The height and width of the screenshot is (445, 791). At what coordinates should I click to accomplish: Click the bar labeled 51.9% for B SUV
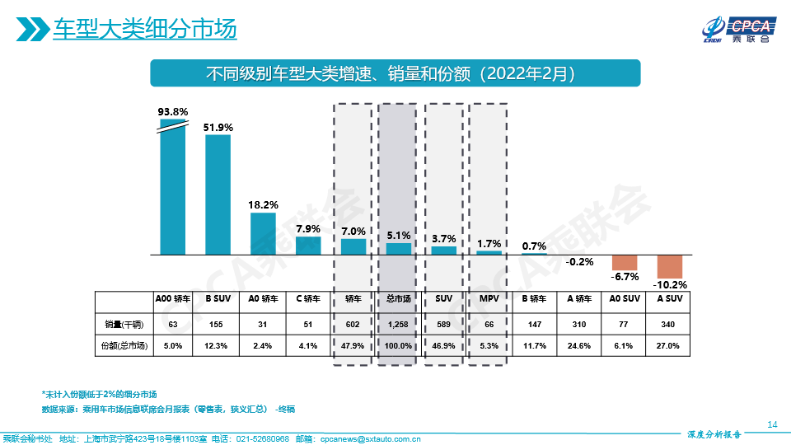(218, 194)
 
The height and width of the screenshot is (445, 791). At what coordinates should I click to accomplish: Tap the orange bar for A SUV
(670, 267)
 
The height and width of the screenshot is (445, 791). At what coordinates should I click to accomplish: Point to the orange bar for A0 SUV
(625, 263)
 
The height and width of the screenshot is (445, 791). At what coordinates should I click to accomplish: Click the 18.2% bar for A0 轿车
(263, 234)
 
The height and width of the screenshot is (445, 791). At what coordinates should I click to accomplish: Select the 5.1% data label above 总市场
(399, 235)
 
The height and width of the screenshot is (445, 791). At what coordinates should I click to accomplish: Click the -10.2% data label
(670, 286)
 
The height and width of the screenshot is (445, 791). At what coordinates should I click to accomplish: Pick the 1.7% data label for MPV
(489, 243)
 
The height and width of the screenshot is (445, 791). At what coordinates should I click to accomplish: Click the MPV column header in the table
(489, 299)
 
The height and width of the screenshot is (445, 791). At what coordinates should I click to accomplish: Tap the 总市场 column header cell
(399, 299)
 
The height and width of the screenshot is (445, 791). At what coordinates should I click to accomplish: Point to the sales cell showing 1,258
(399, 324)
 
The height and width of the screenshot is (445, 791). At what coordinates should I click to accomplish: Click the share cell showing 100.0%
(399, 346)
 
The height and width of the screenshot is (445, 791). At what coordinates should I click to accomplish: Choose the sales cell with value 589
(443, 324)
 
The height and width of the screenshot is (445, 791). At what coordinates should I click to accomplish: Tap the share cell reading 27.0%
(669, 346)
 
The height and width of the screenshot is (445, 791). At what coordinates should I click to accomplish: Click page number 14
(772, 424)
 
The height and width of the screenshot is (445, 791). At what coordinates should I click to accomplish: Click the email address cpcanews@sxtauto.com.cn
(370, 438)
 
